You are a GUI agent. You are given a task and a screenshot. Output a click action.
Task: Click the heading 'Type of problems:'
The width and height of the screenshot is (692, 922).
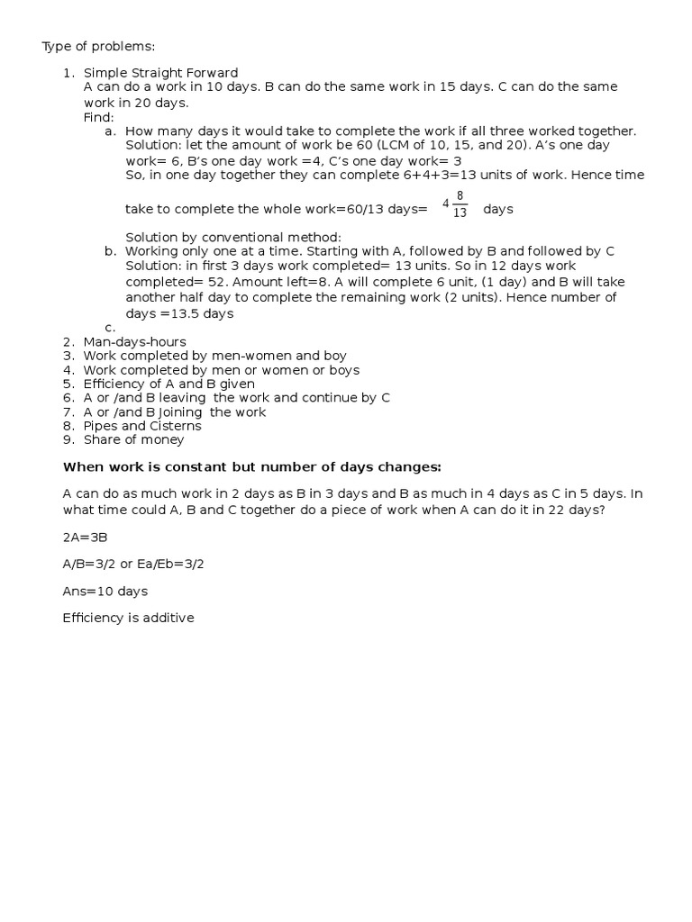pyautogui.click(x=92, y=46)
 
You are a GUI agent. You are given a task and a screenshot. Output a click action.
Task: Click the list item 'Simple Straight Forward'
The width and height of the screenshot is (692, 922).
pyautogui.click(x=160, y=73)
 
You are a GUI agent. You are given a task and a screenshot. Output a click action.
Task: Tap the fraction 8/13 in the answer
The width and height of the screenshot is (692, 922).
pyautogui.click(x=460, y=205)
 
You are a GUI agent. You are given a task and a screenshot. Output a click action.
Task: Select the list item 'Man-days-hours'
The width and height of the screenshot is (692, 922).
pyautogui.click(x=134, y=342)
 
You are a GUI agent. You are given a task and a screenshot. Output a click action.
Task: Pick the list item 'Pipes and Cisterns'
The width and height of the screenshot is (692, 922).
pyautogui.click(x=142, y=426)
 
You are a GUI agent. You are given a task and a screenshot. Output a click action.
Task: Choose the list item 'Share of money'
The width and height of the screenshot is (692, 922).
pyautogui.click(x=133, y=439)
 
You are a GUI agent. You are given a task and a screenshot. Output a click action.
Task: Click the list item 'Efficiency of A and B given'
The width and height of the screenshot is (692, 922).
pyautogui.click(x=168, y=384)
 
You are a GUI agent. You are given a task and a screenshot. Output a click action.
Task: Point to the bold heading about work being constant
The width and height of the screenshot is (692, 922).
pyautogui.click(x=253, y=466)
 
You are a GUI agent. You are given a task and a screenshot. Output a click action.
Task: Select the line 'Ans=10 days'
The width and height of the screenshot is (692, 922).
pyautogui.click(x=105, y=592)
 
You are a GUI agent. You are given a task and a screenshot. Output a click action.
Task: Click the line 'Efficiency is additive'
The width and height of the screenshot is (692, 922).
pyautogui.click(x=128, y=619)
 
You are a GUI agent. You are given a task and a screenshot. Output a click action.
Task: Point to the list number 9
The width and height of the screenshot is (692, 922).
pyautogui.click(x=68, y=439)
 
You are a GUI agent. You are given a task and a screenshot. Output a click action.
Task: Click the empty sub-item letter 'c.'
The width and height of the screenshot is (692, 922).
pyautogui.click(x=110, y=328)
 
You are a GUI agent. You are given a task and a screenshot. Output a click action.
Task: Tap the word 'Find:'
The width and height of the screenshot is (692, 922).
pyautogui.click(x=99, y=117)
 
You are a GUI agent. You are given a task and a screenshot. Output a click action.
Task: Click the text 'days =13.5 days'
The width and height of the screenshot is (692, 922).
pyautogui.click(x=179, y=313)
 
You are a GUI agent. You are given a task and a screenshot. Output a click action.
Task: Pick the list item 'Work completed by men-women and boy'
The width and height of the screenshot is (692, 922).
pyautogui.click(x=214, y=356)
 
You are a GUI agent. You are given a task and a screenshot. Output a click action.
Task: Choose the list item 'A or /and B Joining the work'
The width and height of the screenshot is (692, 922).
pyautogui.click(x=175, y=411)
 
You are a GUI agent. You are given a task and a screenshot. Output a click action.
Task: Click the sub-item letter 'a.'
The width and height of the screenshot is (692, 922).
pyautogui.click(x=110, y=131)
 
